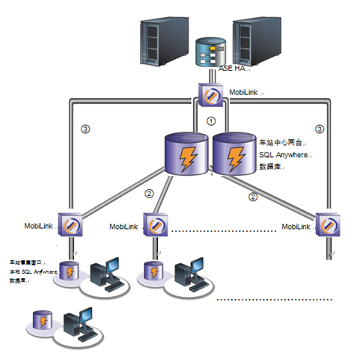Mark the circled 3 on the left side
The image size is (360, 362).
point(85,129)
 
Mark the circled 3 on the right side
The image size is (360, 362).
point(320,129)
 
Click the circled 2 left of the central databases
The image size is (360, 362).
point(149,193)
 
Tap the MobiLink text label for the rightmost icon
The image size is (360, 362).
point(297,225)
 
